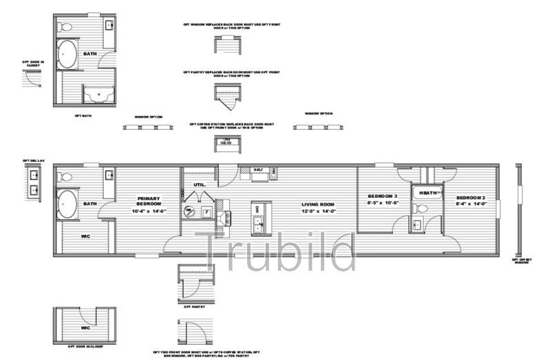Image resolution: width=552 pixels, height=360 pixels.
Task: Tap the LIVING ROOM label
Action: click(x=318, y=204)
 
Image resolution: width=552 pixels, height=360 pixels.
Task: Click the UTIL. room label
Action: click(x=201, y=185)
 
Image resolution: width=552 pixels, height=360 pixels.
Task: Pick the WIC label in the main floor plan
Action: click(x=86, y=236)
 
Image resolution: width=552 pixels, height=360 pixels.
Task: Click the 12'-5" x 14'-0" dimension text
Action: click(x=318, y=211)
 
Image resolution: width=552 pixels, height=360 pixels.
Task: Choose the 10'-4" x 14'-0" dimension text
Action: click(x=148, y=210)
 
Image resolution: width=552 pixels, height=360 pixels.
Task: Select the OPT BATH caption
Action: click(x=83, y=116)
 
